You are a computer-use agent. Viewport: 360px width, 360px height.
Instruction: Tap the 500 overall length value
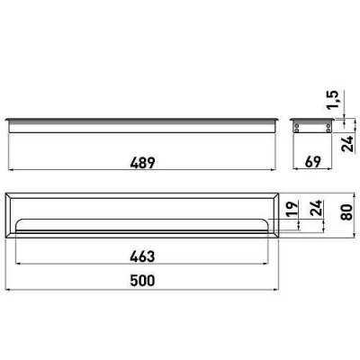click(142, 280)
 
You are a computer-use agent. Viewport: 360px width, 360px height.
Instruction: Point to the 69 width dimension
click(313, 163)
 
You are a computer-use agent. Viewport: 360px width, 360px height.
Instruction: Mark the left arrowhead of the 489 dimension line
click(11, 171)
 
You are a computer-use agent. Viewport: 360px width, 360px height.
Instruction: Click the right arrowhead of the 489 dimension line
click(274, 171)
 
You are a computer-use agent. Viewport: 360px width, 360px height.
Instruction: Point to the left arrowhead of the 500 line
click(8, 288)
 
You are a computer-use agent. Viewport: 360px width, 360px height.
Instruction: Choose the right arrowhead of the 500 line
click(275, 288)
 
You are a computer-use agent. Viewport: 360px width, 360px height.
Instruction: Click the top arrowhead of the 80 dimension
click(335, 194)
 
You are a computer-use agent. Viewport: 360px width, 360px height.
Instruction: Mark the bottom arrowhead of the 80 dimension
click(335, 237)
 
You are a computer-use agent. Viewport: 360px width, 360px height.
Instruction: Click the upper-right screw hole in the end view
click(328, 128)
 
